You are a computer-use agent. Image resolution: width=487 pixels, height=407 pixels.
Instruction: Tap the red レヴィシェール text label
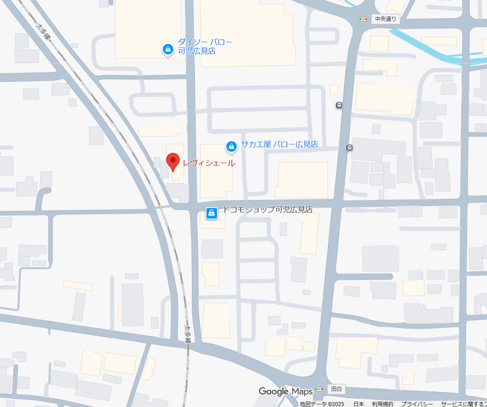coord(209,163)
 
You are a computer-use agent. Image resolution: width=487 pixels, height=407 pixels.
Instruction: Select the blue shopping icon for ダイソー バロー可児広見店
coord(168,50)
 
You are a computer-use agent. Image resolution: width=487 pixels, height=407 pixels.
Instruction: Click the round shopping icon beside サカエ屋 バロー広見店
coord(231,146)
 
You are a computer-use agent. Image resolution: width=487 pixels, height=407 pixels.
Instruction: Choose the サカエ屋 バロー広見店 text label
coord(279,144)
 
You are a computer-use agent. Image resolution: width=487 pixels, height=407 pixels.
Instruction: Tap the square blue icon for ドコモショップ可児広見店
coord(212,213)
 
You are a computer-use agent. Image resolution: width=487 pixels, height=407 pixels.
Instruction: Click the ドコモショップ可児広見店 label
coord(267,209)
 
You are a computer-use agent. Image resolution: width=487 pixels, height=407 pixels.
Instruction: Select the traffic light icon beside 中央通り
coord(364,19)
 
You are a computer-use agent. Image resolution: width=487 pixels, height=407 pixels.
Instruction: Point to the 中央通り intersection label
coord(385,19)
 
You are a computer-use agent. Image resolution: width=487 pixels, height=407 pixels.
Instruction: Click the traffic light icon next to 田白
coord(319,389)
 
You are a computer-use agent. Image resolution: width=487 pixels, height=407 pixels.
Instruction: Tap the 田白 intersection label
coord(337,389)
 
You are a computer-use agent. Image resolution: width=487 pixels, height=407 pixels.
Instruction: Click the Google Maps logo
coord(285,391)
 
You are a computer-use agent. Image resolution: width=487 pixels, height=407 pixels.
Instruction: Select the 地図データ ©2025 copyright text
coord(322,404)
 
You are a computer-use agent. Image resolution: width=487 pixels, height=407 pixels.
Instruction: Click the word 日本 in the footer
coord(358,404)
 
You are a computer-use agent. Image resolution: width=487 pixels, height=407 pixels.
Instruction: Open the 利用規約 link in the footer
coord(382,404)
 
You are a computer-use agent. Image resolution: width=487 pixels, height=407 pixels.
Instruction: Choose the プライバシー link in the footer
coord(417,404)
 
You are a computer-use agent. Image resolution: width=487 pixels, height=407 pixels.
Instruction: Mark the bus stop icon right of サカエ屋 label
coord(350,148)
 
